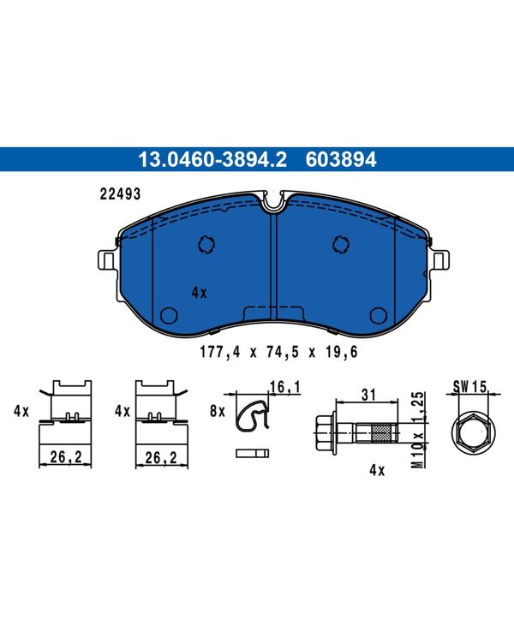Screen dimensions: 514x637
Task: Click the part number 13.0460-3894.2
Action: pos(212,159)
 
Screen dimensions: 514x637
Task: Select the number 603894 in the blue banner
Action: pos(341,159)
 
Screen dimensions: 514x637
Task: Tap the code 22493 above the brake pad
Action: pos(120,194)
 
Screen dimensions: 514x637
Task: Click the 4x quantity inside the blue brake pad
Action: pos(199,293)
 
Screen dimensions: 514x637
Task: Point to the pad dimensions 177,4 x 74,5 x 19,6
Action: pos(278,352)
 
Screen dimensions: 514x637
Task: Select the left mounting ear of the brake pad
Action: pos(107,260)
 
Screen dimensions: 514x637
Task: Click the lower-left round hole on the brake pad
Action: pos(169,316)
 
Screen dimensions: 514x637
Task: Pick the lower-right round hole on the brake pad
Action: pos(379,316)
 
